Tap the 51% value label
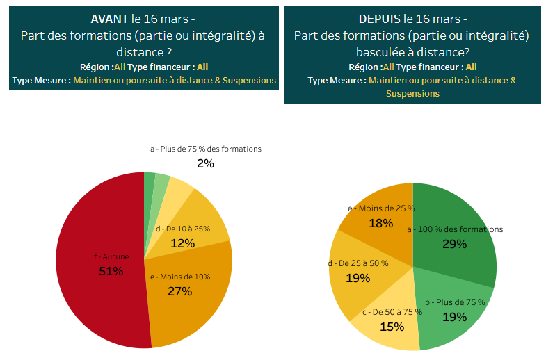click(x=111, y=271)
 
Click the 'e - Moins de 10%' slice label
click(x=180, y=277)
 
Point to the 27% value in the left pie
click(x=180, y=291)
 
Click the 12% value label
click(x=182, y=243)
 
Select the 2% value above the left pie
click(x=205, y=164)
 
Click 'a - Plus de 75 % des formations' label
click(x=206, y=149)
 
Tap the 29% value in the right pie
click(x=455, y=244)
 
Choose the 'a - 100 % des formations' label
click(x=455, y=229)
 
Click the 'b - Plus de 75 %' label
click(x=455, y=302)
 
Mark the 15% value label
click(x=392, y=326)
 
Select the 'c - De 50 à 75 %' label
click(x=392, y=312)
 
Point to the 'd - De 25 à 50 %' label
click(x=358, y=263)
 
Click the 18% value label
click(x=381, y=223)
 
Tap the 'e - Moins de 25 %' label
click(x=381, y=208)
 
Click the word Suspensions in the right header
click(x=412, y=93)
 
